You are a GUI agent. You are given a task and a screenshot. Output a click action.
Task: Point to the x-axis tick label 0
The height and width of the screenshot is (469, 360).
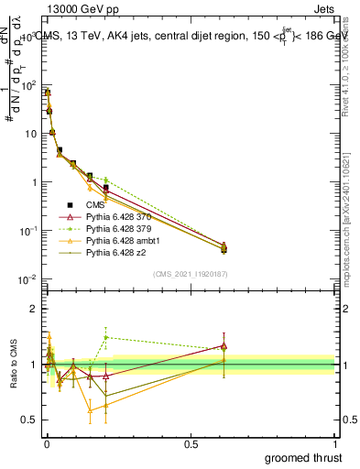click(x=46, y=444)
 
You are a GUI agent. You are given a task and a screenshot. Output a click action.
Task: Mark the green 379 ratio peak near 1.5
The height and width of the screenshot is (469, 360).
click(x=106, y=337)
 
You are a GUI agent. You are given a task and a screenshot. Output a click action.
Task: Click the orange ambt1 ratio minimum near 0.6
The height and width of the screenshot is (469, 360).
click(x=90, y=410)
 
